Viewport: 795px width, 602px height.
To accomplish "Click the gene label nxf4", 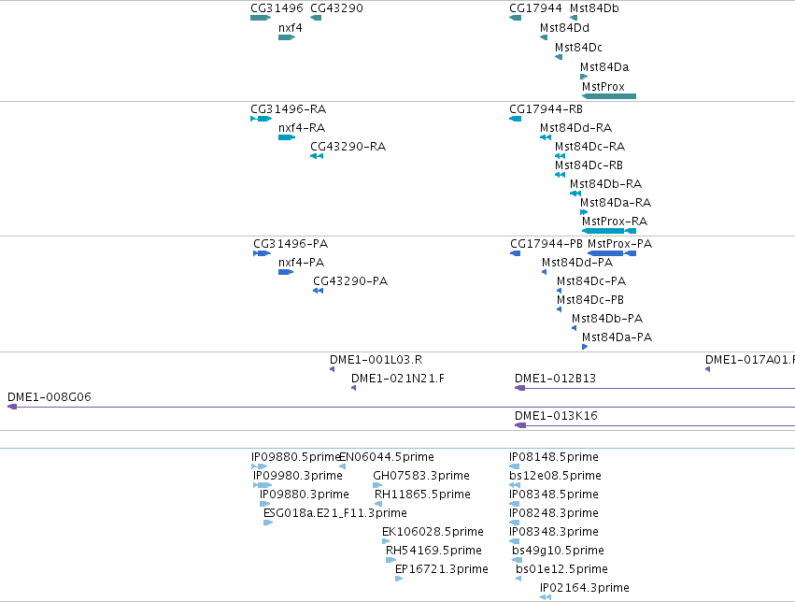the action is tap(290, 28).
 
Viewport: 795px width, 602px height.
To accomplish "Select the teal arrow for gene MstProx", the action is tap(609, 96).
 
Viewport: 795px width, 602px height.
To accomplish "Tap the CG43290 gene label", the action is tap(336, 8).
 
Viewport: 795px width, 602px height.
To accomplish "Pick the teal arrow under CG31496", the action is tap(261, 18).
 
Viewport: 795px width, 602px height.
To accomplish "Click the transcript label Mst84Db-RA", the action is tap(606, 183).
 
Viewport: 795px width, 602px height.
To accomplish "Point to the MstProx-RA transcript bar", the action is tap(609, 231).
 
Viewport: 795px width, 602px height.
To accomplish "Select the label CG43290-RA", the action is tap(348, 147).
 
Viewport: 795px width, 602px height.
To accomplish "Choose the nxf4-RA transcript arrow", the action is tap(287, 137).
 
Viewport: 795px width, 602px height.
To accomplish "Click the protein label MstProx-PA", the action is tap(619, 244).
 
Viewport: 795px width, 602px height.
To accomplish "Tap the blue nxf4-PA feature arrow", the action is tap(286, 272).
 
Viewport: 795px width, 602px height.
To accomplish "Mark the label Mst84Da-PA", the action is tap(618, 337).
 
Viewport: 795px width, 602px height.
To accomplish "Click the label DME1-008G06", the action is tap(50, 397).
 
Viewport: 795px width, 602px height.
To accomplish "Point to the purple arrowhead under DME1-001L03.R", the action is tap(332, 369).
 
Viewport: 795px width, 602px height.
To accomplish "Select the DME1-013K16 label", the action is tap(556, 416).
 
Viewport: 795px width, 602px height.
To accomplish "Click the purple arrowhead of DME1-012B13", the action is tap(520, 388).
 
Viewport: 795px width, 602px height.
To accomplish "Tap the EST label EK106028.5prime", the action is tap(433, 532).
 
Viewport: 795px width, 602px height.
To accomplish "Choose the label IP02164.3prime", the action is tap(585, 588).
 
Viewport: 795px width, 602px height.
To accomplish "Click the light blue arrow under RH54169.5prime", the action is tap(390, 560).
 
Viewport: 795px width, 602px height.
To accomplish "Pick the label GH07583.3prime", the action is tap(421, 476).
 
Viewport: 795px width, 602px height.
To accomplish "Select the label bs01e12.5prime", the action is tap(561, 569).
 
